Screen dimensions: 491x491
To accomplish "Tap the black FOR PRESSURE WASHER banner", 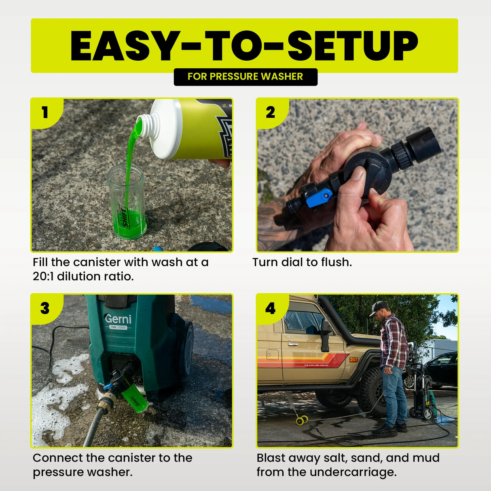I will point(246,77).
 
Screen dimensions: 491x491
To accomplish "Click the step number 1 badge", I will point(45,112).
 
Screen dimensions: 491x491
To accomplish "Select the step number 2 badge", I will point(270,112).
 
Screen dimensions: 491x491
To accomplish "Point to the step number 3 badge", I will point(45,308).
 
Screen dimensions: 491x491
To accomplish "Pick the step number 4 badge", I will point(270,308).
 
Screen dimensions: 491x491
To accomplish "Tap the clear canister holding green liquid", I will point(127,202).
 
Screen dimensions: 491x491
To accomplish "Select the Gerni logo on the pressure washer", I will point(118,319).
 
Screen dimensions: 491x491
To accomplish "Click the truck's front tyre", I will point(372,392).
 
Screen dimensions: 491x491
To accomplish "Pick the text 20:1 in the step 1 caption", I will point(43,277).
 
